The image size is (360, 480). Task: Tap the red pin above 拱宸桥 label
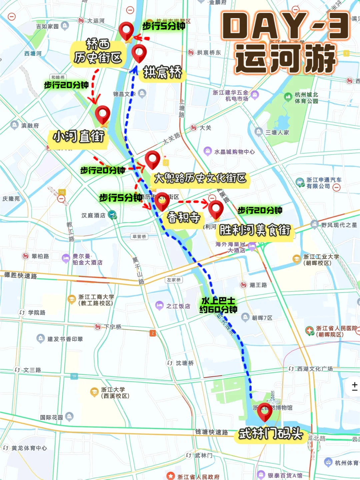(139, 52)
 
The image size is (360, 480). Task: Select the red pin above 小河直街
(102, 114)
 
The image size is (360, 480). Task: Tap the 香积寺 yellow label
(184, 217)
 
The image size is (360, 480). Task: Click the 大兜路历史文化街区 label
(200, 178)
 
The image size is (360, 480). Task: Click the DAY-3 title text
(285, 26)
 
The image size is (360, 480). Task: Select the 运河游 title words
(285, 59)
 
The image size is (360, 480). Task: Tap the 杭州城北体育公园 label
(306, 98)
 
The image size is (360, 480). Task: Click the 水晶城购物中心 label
(234, 152)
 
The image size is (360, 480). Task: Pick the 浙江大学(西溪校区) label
(115, 393)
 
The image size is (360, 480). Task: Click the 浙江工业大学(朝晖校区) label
(321, 260)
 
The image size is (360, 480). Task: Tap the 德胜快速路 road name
(21, 275)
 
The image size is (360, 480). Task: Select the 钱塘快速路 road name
(211, 432)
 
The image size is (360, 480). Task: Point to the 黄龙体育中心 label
(29, 448)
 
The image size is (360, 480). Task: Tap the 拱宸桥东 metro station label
(208, 52)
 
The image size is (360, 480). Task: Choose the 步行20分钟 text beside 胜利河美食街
(260, 210)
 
